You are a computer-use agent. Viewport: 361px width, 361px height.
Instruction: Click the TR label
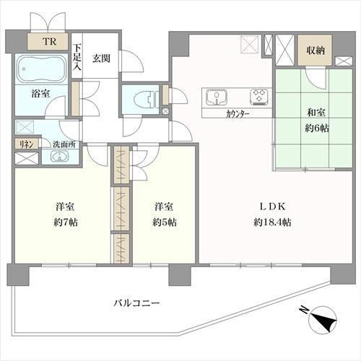(x=50, y=41)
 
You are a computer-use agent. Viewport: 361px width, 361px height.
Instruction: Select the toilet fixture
(x=145, y=100)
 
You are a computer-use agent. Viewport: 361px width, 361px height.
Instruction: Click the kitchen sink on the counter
(x=217, y=97)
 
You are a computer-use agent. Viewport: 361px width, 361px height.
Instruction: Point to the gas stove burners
(x=259, y=97)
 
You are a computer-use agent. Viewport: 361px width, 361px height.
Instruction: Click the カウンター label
(x=238, y=113)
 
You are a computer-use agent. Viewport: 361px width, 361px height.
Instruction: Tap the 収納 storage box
(x=316, y=50)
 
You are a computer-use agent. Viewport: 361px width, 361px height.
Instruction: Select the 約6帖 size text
(x=317, y=129)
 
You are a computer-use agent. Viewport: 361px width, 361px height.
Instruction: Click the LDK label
(x=272, y=206)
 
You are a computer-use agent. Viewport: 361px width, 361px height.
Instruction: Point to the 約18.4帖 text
(x=272, y=222)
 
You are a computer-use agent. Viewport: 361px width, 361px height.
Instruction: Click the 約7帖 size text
(x=66, y=222)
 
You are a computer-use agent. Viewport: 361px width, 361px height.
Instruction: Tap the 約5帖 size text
(x=165, y=222)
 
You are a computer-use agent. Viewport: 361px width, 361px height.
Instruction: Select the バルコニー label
(x=136, y=303)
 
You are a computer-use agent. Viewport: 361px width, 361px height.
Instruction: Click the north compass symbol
(x=322, y=319)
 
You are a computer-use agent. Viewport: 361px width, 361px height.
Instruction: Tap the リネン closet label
(x=26, y=144)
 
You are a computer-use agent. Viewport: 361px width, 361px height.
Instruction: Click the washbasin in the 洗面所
(x=59, y=157)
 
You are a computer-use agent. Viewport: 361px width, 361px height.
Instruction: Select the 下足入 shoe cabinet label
(x=77, y=57)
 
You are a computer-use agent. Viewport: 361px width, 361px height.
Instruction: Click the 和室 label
(x=316, y=113)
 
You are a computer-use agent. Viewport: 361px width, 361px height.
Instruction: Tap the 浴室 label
(x=40, y=93)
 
